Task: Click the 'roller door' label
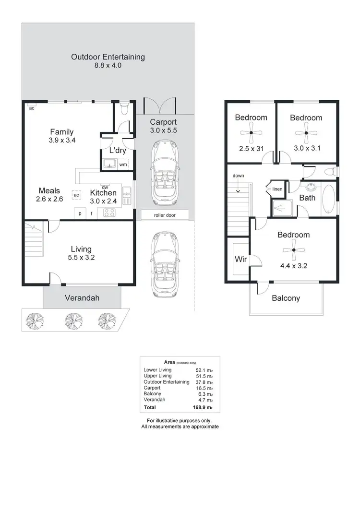tap(165, 215)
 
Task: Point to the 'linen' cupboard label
tap(277, 189)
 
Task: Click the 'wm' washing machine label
tap(123, 165)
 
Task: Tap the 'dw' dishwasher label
tap(104, 187)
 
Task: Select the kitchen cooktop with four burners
tap(110, 213)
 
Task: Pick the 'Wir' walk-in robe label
tap(240, 260)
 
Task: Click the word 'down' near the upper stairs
tap(238, 176)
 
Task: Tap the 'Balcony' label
tap(286, 298)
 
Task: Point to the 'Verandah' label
tap(82, 298)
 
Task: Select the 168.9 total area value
tap(202, 407)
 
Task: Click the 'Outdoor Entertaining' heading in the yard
tap(108, 57)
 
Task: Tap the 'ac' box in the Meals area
tap(76, 195)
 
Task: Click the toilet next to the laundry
tap(124, 109)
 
